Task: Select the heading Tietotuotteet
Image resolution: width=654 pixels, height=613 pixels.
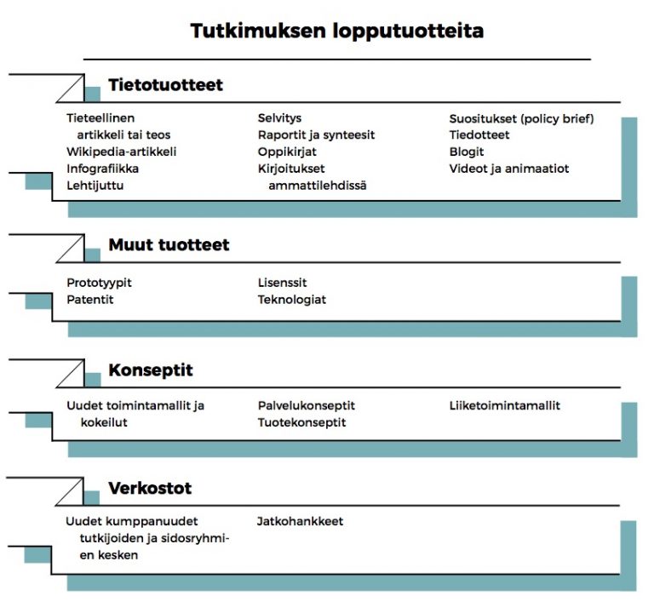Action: pyautogui.click(x=165, y=85)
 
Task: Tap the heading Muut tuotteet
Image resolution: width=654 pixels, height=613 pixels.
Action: pyautogui.click(x=169, y=245)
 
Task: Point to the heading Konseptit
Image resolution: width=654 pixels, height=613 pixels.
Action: pyautogui.click(x=151, y=370)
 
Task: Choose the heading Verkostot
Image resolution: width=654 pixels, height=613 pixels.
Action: pyautogui.click(x=150, y=489)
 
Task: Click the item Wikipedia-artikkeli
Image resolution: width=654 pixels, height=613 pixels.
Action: pyautogui.click(x=122, y=152)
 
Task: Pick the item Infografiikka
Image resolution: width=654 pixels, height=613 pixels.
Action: pyautogui.click(x=103, y=169)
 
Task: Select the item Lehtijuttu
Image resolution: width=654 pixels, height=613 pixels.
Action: pyautogui.click(x=95, y=185)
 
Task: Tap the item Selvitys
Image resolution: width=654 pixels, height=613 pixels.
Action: pyautogui.click(x=279, y=118)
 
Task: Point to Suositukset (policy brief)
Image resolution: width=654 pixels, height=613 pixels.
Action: pyautogui.click(x=521, y=118)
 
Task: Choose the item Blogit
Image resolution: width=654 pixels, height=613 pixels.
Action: pyautogui.click(x=467, y=152)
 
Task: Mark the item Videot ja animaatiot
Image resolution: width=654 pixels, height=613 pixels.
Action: pyautogui.click(x=509, y=169)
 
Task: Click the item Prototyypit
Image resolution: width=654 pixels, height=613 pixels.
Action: pyautogui.click(x=100, y=283)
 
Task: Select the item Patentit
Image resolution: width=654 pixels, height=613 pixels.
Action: pyautogui.click(x=90, y=300)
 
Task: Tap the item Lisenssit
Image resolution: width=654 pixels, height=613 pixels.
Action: pyautogui.click(x=282, y=283)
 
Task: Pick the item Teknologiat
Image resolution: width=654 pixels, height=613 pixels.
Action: pyautogui.click(x=292, y=300)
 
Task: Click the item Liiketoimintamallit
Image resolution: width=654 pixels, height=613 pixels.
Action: pyautogui.click(x=505, y=405)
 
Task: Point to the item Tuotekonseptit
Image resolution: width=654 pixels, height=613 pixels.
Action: pyautogui.click(x=302, y=422)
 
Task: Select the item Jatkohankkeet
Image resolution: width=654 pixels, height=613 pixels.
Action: pyautogui.click(x=300, y=521)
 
